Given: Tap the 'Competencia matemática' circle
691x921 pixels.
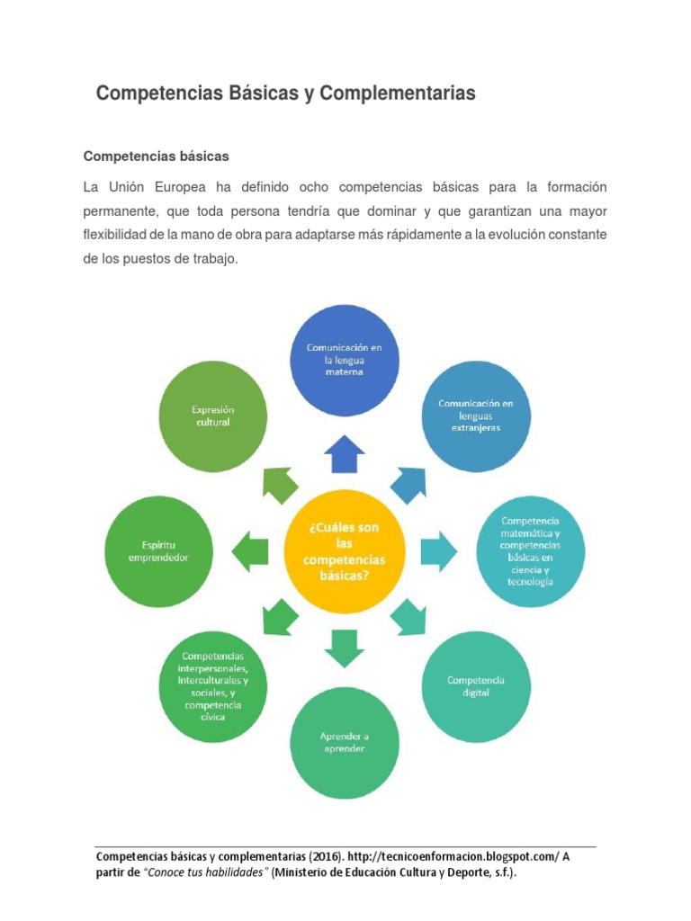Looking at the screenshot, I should (x=531, y=551).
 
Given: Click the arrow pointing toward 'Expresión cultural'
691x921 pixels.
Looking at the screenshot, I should (x=280, y=484).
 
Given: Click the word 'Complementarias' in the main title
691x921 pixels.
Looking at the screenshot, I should (x=397, y=94).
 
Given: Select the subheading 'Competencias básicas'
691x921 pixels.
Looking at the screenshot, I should (x=157, y=156).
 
